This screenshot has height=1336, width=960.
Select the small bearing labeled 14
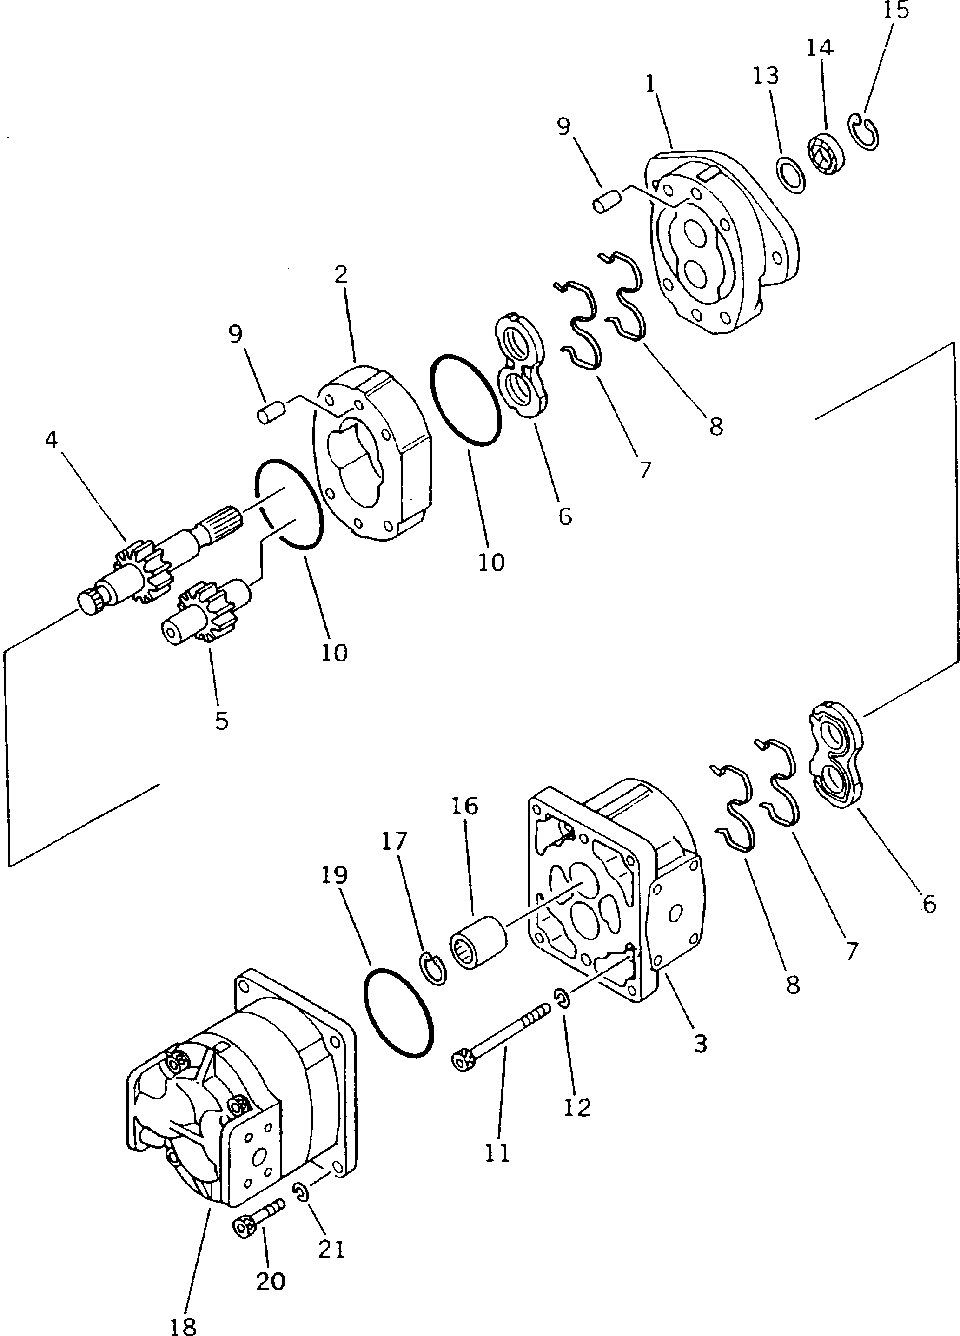point(825,154)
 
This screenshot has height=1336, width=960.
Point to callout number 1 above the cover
point(650,84)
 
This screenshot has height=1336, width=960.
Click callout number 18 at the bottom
point(183,1325)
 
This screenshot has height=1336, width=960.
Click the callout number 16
point(465,805)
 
